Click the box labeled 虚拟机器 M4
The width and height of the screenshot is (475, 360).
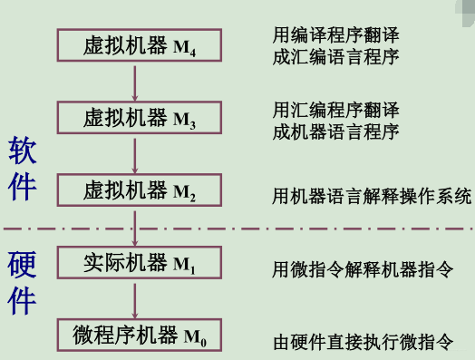click(x=135, y=44)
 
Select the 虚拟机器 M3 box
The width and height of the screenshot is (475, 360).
click(x=135, y=117)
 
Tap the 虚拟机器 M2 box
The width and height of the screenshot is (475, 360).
click(x=135, y=190)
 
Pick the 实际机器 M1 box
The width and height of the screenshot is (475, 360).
click(x=135, y=263)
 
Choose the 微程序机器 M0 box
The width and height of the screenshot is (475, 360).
click(x=135, y=336)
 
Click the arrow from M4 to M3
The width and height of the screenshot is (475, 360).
click(x=135, y=81)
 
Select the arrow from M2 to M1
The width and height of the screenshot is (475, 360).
click(x=135, y=227)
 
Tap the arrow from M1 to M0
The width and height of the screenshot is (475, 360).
click(x=135, y=299)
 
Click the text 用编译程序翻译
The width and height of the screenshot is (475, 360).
click(x=336, y=35)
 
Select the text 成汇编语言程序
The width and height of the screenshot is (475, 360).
click(x=336, y=56)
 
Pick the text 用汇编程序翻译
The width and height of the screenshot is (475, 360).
click(x=336, y=110)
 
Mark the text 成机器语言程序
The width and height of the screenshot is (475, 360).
click(x=336, y=131)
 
